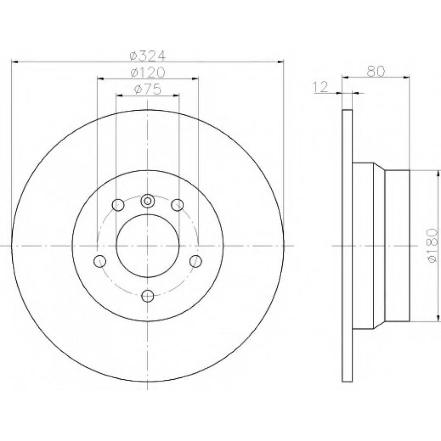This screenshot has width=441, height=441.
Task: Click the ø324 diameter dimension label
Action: [147, 55]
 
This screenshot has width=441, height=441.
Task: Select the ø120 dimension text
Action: [147, 72]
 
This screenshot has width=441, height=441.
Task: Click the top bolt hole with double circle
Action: [147, 200]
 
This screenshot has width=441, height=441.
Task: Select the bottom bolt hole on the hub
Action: [147, 295]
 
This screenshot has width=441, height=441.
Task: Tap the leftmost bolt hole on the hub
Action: [100, 261]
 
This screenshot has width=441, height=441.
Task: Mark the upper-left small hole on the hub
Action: [118, 204]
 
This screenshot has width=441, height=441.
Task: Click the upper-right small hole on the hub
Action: [177, 204]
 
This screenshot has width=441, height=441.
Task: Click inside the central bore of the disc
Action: [147, 245]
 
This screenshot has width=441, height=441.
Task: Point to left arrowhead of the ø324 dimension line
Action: [14, 62]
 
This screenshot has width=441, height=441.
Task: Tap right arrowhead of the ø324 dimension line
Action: [281, 62]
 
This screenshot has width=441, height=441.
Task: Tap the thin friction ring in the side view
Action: [347, 245]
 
